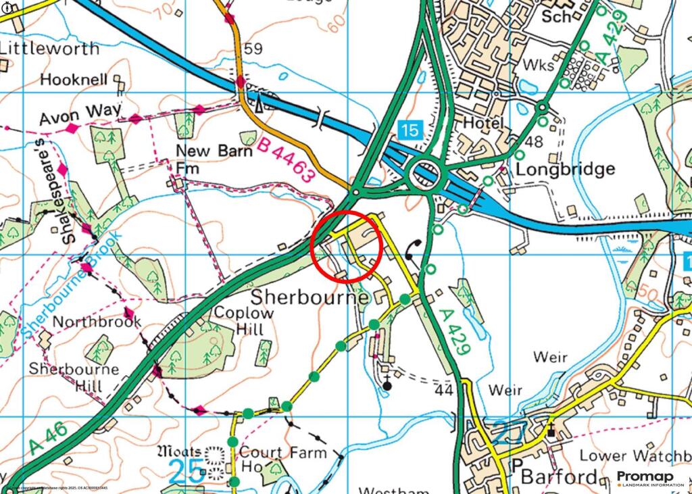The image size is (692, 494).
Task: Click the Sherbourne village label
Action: (310, 297)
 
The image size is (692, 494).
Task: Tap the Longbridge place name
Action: (565, 169)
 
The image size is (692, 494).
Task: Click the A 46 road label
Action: (49, 438)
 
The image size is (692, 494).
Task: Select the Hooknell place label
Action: (74, 79)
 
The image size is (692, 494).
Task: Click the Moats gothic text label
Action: (178, 451)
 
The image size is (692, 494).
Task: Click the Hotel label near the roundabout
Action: (483, 123)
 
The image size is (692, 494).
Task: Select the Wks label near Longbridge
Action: (539, 66)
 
